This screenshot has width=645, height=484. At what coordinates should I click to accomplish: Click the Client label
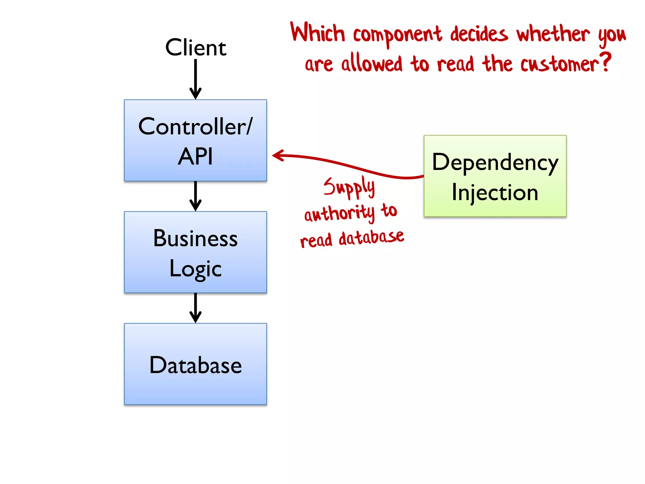click(x=196, y=48)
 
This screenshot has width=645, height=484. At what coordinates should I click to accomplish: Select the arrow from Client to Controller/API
click(x=196, y=79)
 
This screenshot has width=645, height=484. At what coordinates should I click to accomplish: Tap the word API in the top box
click(x=196, y=157)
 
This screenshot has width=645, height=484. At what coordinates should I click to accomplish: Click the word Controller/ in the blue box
click(x=196, y=127)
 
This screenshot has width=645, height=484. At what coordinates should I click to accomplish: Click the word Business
click(x=196, y=239)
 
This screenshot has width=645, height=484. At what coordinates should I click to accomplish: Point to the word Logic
click(x=196, y=269)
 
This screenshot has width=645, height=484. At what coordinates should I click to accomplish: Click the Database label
click(x=196, y=365)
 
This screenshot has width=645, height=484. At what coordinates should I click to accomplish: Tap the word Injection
click(x=495, y=193)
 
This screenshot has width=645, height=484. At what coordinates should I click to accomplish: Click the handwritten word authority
click(x=339, y=214)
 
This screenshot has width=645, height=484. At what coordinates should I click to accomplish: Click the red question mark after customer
click(x=605, y=62)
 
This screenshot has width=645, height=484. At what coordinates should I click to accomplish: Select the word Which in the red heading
click(x=317, y=33)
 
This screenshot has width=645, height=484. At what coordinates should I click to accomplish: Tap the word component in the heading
click(x=397, y=35)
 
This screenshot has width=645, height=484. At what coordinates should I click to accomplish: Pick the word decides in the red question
click(x=479, y=34)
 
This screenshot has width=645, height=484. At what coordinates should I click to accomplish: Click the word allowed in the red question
click(x=372, y=63)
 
